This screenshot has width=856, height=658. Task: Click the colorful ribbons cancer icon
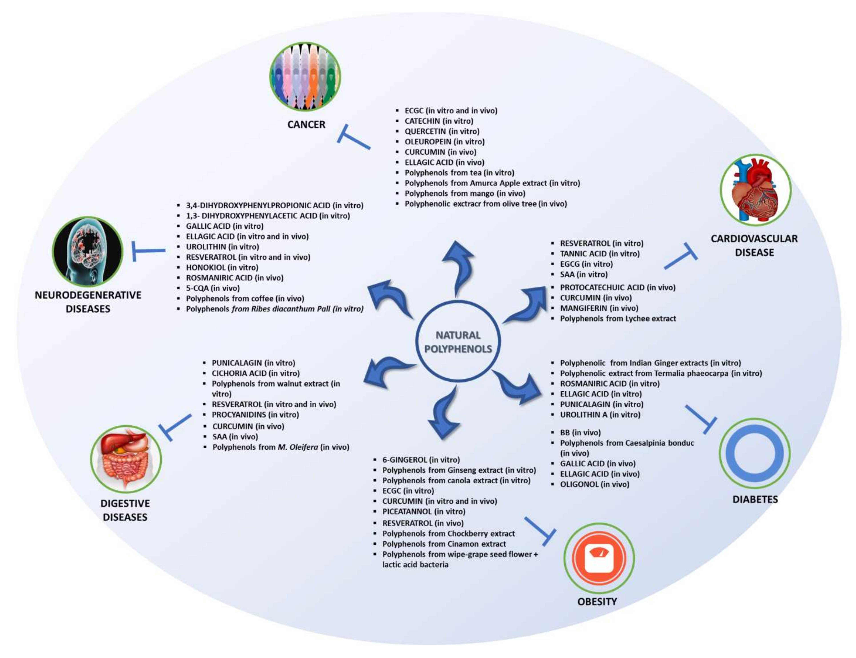point(305,77)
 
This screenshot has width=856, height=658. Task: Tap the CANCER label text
point(306,125)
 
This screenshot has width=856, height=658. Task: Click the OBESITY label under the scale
point(597,602)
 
